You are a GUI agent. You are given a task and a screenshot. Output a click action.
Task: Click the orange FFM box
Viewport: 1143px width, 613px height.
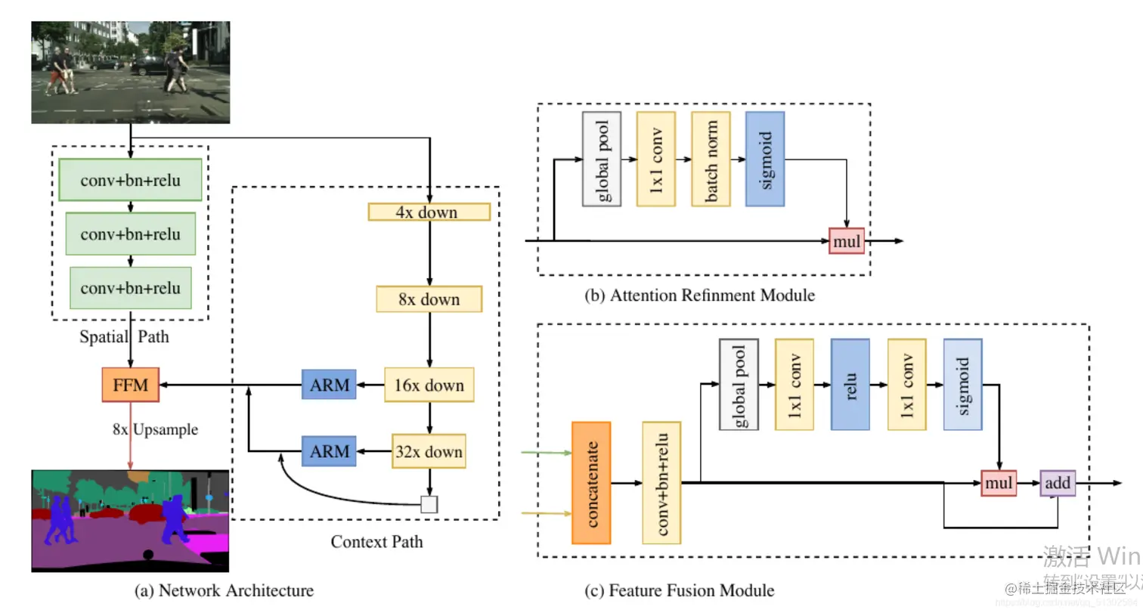coord(130,385)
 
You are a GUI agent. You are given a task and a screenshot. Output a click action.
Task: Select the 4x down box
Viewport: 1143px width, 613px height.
coord(429,212)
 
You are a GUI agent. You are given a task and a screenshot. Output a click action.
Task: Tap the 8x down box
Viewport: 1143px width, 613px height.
coord(429,299)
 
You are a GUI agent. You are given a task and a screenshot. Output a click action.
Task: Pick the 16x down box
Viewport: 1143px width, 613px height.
coord(429,385)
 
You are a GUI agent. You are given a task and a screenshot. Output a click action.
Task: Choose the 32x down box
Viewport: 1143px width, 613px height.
coord(429,452)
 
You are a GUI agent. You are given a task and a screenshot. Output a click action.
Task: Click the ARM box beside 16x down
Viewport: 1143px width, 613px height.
coord(330,385)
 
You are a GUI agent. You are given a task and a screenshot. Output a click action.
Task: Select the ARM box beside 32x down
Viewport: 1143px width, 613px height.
coord(330,452)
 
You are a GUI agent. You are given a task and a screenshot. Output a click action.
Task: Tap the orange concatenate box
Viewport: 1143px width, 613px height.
coord(591,482)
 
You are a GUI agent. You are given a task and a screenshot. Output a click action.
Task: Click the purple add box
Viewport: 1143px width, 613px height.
coord(1058,482)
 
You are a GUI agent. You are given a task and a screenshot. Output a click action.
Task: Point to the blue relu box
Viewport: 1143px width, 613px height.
coord(850,383)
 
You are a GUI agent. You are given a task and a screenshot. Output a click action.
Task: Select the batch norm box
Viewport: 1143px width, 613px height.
coord(711,159)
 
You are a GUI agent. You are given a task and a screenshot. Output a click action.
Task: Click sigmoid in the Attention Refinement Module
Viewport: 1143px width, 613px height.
coord(764,159)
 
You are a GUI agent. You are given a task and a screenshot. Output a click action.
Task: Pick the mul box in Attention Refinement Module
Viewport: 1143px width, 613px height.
coord(847,240)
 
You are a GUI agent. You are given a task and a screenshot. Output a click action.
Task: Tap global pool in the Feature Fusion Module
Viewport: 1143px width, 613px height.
coord(738,383)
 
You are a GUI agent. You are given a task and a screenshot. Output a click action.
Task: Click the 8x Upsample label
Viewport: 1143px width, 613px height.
coord(155,430)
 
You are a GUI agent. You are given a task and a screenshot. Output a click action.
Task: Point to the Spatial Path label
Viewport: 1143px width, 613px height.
coord(124,337)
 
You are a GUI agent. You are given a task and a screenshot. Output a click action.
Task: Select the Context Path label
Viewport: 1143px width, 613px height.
coord(376,541)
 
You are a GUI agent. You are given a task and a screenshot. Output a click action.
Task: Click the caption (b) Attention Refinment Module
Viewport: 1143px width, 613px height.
coord(700,295)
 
